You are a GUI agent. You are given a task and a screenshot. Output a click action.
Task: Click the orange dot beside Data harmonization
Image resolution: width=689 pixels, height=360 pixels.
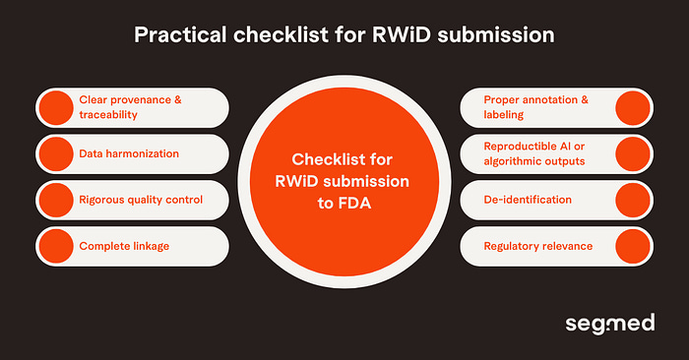click(x=55, y=153)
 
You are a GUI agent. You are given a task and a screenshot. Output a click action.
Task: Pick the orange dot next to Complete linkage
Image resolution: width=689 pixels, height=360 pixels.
click(x=55, y=245)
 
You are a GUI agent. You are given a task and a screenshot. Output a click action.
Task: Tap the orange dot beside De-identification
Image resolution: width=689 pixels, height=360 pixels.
click(x=632, y=200)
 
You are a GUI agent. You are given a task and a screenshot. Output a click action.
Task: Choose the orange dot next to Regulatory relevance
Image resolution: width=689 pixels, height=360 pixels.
click(x=632, y=245)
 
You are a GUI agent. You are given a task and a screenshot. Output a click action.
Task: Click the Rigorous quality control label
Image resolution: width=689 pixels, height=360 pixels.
click(x=140, y=200)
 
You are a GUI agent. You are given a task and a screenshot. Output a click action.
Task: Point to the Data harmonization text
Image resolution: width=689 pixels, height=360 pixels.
click(x=128, y=153)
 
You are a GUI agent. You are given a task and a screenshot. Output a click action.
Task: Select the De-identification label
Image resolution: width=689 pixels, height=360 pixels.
click(x=528, y=200)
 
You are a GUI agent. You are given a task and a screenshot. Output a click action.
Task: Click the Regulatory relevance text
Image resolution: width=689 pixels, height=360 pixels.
click(x=537, y=245)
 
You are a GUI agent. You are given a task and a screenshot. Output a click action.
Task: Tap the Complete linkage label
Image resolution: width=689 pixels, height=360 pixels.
click(x=122, y=245)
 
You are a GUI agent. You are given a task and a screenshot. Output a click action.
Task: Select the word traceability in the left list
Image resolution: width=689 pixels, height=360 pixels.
click(x=109, y=115)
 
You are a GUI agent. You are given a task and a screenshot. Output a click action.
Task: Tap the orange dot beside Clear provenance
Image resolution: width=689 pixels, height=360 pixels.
click(x=55, y=107)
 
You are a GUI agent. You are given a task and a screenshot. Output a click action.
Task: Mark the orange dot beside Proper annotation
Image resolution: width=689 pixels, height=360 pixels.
click(x=632, y=107)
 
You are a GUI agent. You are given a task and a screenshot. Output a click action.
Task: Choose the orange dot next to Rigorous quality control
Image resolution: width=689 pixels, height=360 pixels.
click(x=55, y=200)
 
